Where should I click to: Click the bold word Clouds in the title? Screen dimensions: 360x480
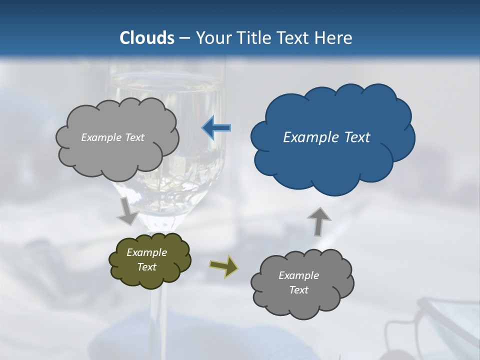(x=146, y=37)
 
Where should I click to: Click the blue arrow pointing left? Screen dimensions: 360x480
(x=216, y=128)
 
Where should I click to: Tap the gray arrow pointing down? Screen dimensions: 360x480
(x=128, y=210)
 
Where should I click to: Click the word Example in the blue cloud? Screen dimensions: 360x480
(x=306, y=137)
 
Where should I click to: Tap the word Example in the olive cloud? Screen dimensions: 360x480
(x=147, y=252)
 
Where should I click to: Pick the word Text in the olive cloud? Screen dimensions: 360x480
(x=147, y=267)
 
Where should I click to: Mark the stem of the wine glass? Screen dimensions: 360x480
(x=159, y=310)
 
